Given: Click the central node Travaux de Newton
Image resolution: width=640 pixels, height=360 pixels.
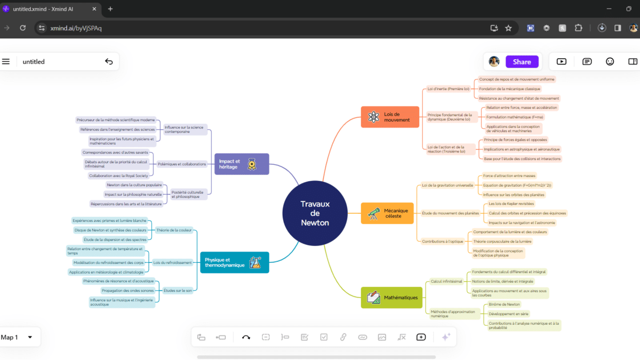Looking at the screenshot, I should tap(315, 213).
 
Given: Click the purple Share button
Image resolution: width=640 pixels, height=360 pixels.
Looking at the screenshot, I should tap(522, 62).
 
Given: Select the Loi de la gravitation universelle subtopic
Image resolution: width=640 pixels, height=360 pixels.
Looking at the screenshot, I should tap(447, 186).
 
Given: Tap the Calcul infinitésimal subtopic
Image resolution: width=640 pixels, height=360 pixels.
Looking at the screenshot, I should tap(446, 281).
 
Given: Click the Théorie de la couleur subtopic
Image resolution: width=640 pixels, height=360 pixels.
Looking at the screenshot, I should tap(174, 230).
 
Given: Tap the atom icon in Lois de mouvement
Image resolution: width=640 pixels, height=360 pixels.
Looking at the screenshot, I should tap(373, 117).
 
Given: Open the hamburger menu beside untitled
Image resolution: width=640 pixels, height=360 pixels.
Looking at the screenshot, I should tap(6, 61).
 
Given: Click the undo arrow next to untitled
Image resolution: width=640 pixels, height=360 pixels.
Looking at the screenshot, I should tap(109, 61).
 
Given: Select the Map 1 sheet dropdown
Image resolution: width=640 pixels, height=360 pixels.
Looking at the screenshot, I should tap(17, 337).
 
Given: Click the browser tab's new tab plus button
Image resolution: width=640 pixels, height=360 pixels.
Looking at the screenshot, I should tap(110, 9).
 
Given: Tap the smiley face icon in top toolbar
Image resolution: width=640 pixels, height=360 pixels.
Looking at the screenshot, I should tap(610, 61).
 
